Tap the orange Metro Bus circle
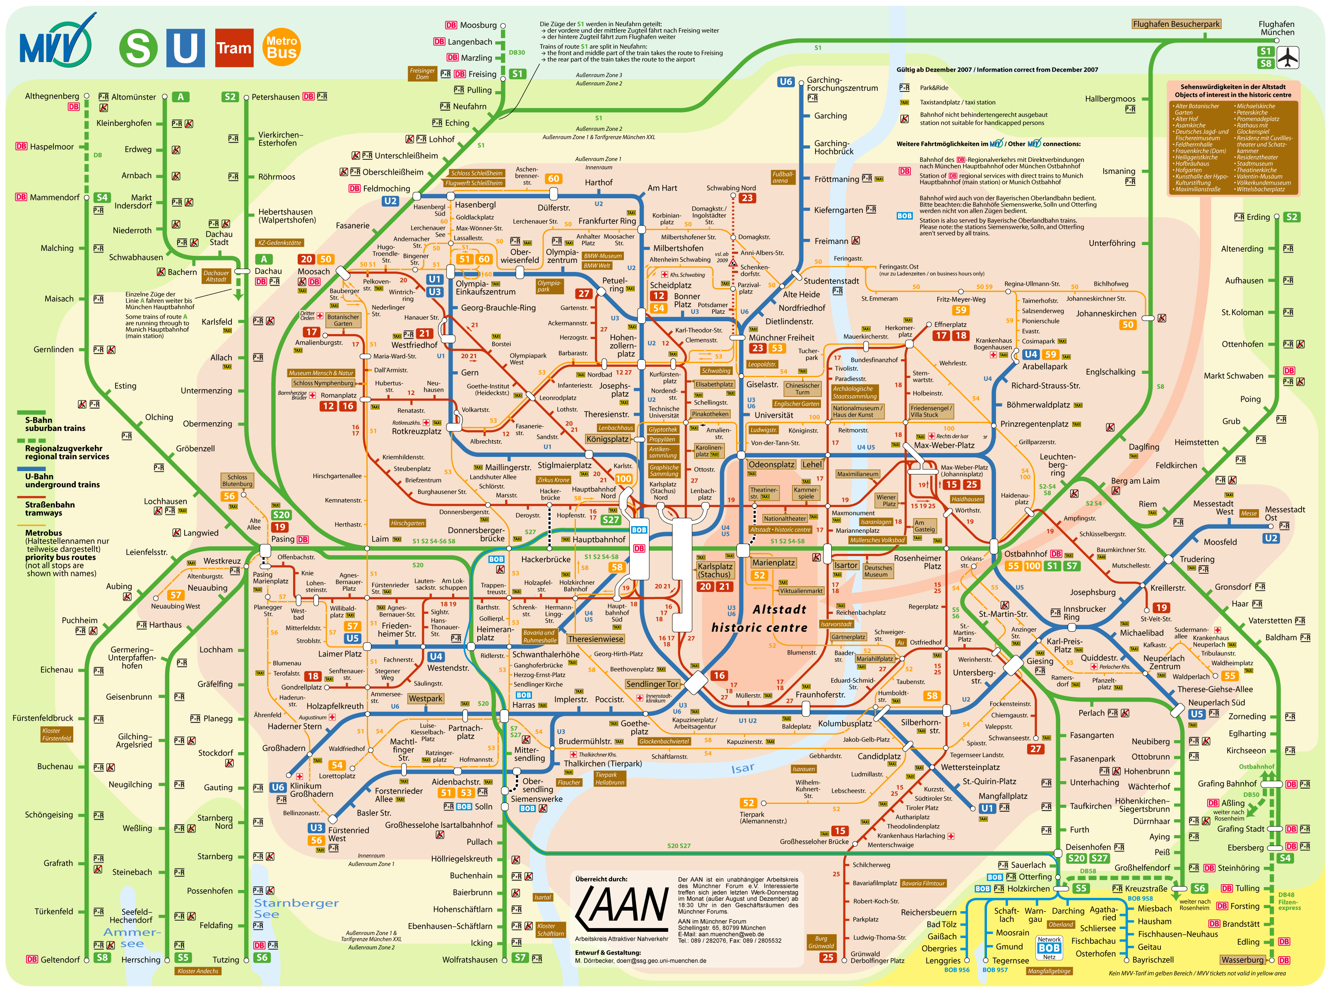point(282,47)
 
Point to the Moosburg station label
point(478,25)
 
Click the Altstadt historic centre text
point(760,618)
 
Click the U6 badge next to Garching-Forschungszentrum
point(785,82)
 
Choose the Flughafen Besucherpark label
point(1176,24)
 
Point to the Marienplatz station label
point(773,563)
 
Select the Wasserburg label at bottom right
point(1242,960)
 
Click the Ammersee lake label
point(132,938)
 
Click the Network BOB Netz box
point(1049,948)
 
